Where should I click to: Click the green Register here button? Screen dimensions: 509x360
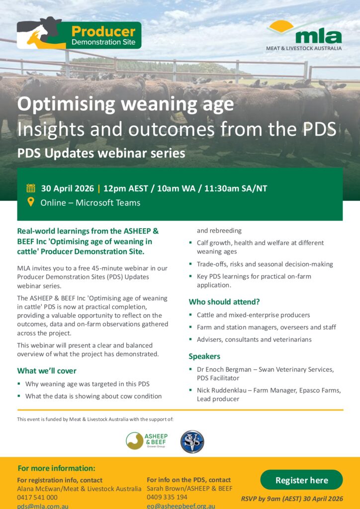point(301,480)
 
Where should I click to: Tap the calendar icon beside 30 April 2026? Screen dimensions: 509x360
point(31,188)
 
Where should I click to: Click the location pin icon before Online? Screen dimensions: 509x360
point(31,202)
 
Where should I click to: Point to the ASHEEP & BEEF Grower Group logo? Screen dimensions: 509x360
point(147,440)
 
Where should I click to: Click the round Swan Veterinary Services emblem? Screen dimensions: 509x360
point(192,441)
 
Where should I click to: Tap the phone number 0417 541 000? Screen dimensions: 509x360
point(37,497)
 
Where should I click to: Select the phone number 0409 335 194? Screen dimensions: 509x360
point(167,497)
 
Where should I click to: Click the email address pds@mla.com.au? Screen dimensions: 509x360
point(43,506)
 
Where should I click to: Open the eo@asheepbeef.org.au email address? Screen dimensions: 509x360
point(181,506)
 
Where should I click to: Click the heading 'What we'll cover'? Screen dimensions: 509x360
point(47,371)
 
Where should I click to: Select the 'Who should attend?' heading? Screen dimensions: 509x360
point(224,302)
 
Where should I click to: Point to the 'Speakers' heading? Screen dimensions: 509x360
point(204,356)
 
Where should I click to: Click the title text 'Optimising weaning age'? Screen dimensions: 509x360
point(125,104)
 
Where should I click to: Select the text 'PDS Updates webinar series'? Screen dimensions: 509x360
point(101,153)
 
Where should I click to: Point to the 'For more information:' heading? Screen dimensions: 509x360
point(56,468)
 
